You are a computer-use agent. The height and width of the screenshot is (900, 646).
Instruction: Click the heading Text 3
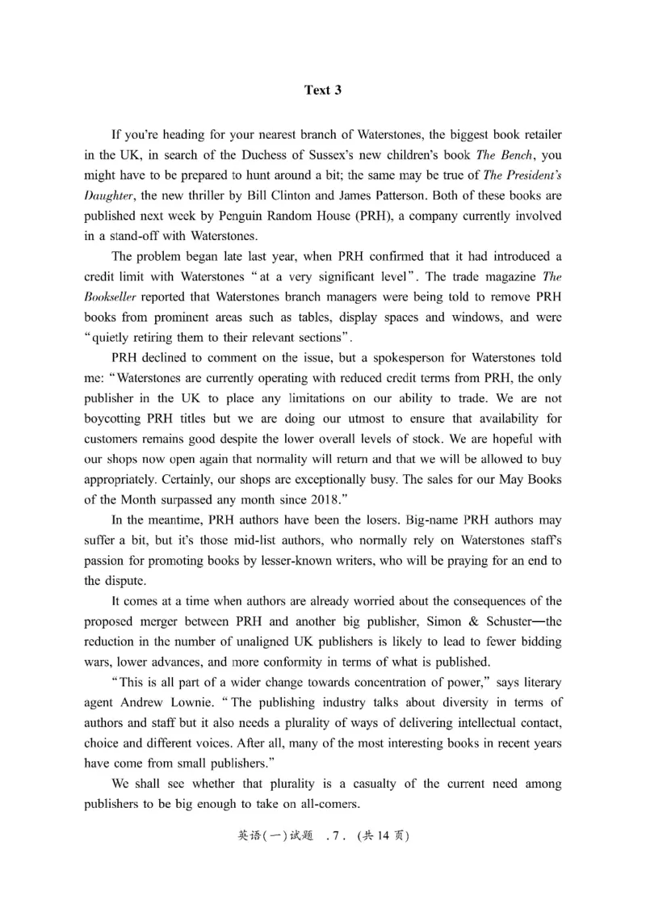pos(323,90)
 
